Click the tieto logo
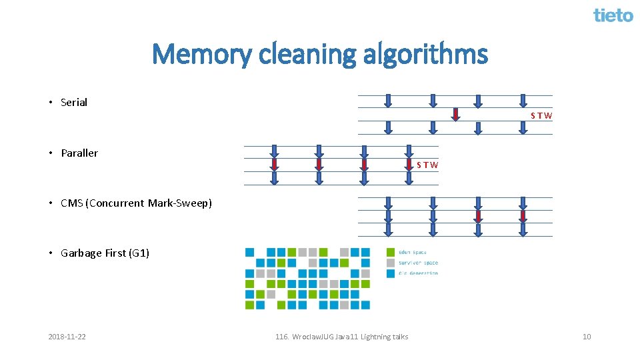pos(613,15)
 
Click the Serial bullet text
pos(74,103)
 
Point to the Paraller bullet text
pos(79,153)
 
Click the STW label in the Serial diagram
pos(541,116)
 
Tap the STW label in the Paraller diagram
pos(427,165)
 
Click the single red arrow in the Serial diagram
pos(455,115)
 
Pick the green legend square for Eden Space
pos(390,252)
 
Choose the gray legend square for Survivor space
pos(390,263)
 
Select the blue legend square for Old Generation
pos(390,273)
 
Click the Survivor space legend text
pos(419,263)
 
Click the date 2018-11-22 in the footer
pos(67,337)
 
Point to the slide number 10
pos(587,337)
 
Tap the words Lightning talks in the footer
pos(384,337)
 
